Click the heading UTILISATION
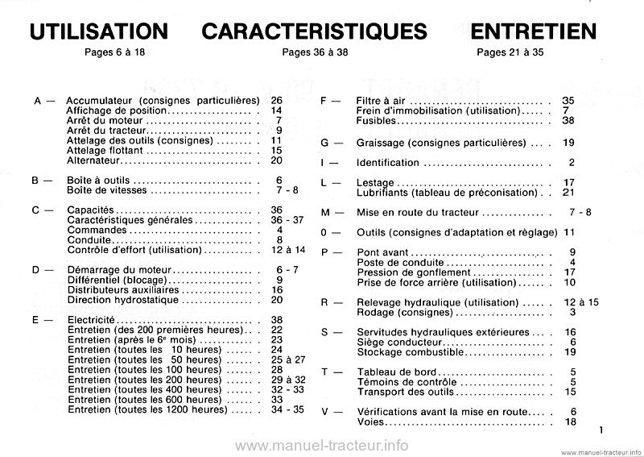(98, 31)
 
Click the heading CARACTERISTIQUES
(315, 31)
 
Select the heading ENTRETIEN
(535, 31)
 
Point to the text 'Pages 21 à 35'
(510, 53)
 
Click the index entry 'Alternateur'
(96, 160)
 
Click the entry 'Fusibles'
(376, 120)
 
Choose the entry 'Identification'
(388, 163)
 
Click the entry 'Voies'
(369, 422)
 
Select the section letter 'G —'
(332, 143)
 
